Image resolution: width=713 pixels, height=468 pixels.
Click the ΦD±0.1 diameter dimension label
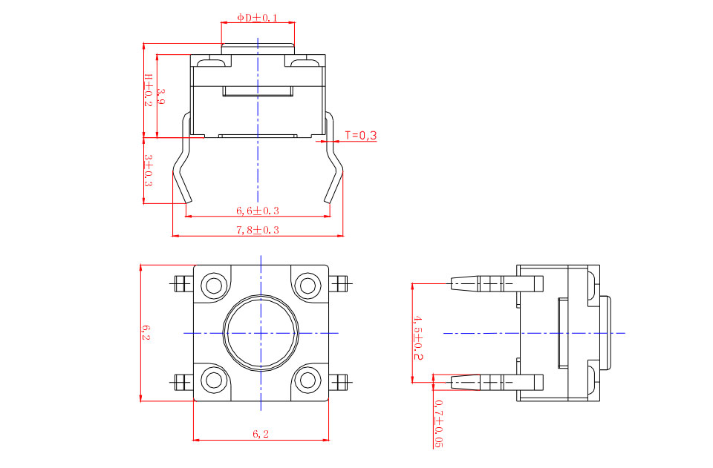257,18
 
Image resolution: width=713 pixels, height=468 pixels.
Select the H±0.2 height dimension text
149,90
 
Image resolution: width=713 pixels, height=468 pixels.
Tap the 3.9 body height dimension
160,96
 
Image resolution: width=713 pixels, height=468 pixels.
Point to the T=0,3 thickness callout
361,135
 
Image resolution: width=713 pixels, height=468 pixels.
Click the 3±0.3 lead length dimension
149,171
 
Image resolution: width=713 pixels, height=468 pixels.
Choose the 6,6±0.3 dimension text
258,211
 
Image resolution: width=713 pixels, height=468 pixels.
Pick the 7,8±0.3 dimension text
258,230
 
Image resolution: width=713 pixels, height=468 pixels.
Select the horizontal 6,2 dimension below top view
261,435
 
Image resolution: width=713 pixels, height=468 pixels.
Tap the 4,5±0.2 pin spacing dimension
418,338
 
